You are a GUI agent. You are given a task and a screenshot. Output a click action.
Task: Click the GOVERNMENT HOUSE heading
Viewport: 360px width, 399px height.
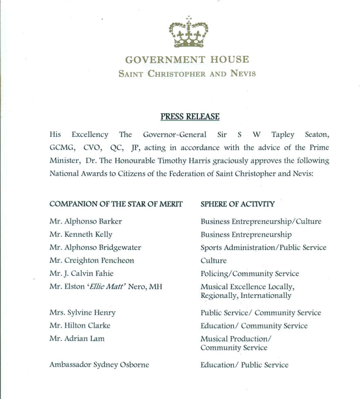click(x=187, y=60)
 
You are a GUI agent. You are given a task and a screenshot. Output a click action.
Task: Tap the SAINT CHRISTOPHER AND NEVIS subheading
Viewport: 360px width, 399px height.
click(x=187, y=74)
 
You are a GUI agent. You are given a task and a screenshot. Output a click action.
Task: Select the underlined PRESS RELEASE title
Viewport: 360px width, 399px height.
click(x=190, y=116)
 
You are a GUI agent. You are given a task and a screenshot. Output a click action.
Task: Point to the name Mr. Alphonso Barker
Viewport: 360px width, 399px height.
click(x=85, y=221)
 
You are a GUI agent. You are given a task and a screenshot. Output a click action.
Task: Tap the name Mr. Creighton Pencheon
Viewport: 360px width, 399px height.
click(x=92, y=260)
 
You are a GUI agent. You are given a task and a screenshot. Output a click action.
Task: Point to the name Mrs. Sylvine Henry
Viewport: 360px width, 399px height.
click(x=83, y=313)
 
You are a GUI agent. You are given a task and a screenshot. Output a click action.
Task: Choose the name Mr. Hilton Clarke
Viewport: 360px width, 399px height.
click(x=80, y=326)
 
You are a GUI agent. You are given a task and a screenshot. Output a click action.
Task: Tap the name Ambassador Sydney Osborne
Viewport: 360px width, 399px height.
click(x=99, y=365)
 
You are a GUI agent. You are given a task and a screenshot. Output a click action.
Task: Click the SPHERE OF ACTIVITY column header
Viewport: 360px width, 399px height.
click(x=238, y=204)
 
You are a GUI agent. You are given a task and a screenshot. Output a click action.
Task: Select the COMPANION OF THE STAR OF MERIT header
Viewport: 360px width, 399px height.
click(x=116, y=204)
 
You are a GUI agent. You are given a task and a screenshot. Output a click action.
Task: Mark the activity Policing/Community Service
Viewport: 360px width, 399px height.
click(x=250, y=274)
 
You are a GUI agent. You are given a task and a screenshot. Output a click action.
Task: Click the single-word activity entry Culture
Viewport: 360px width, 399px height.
click(x=213, y=260)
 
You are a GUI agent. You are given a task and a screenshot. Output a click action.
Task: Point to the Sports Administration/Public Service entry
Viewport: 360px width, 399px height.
click(x=263, y=247)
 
